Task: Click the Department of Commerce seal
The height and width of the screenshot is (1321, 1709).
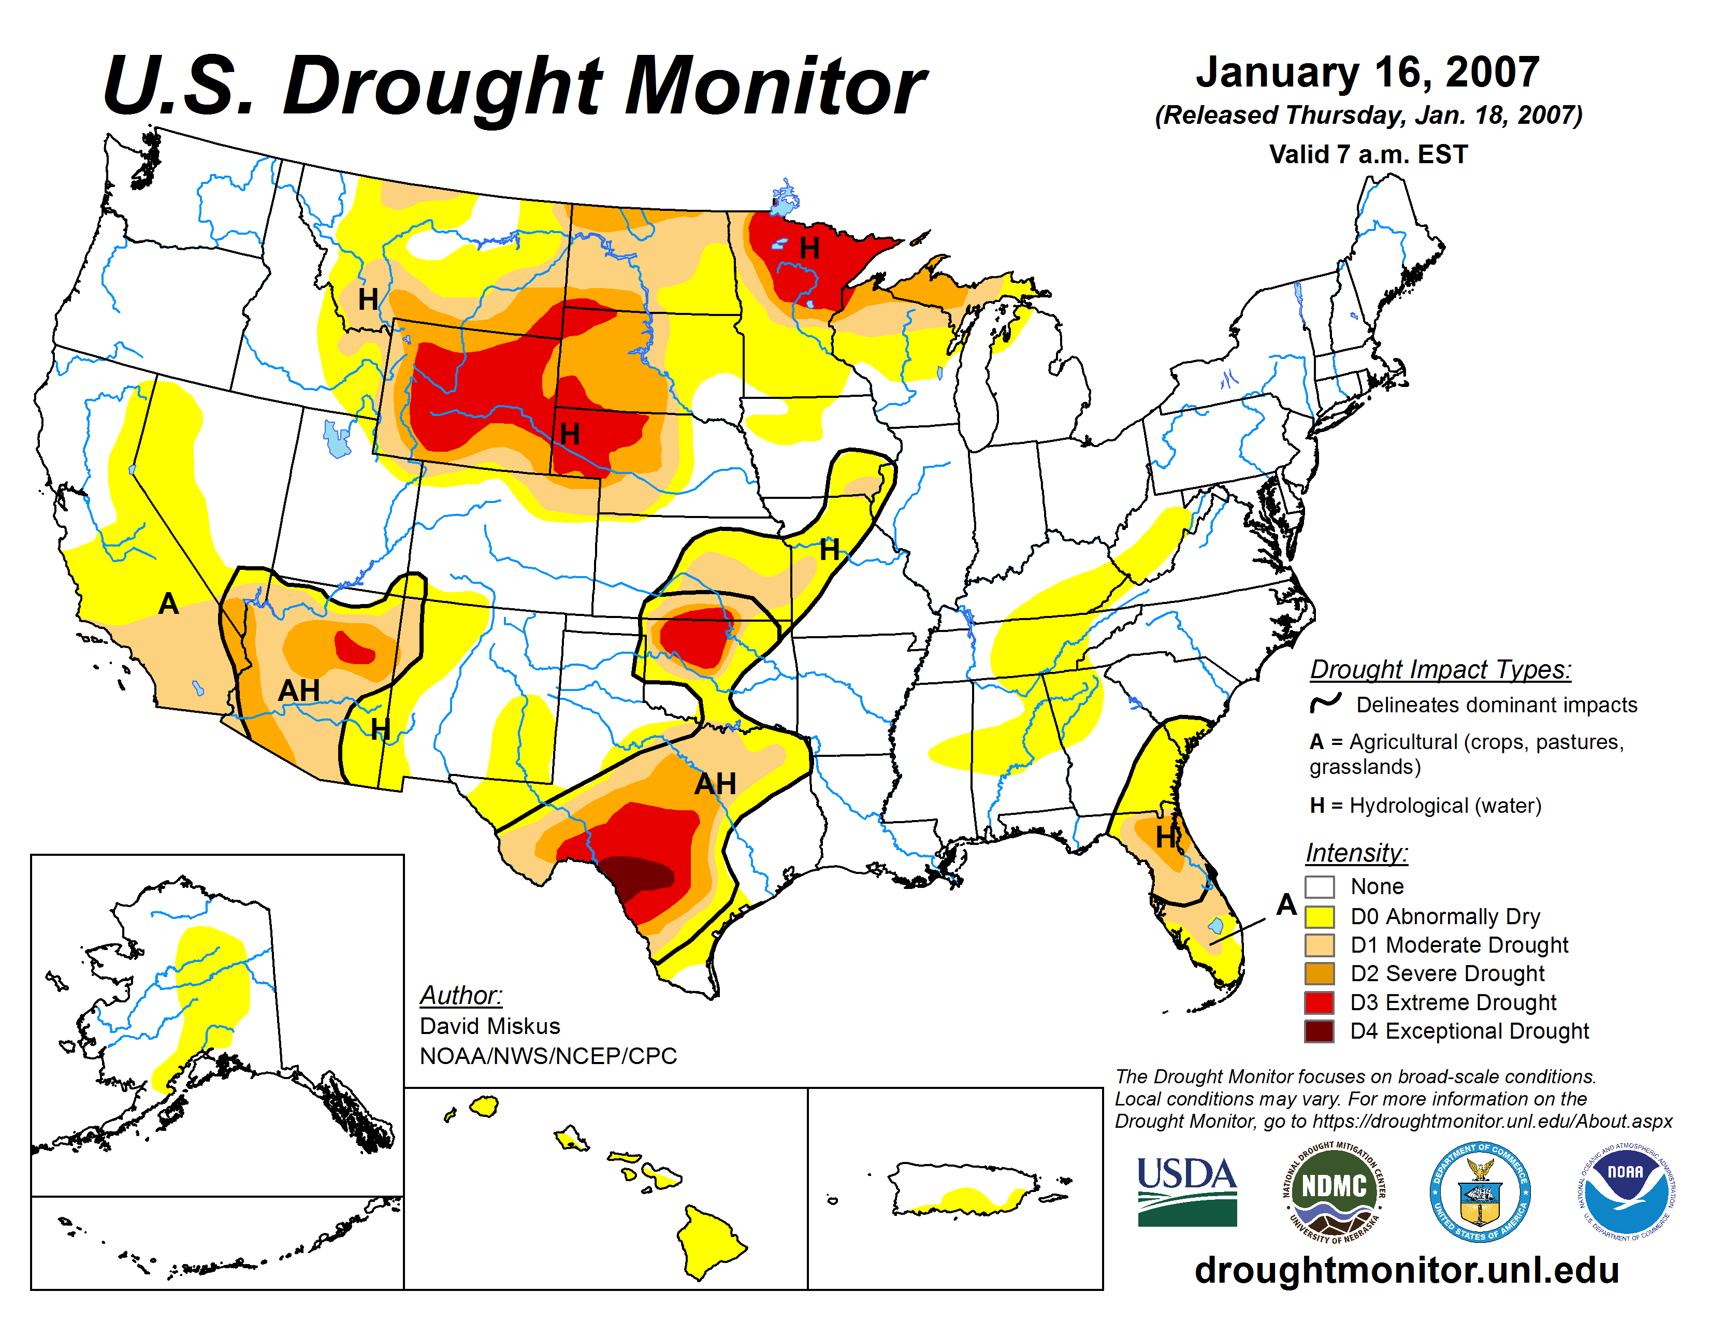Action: click(x=1480, y=1191)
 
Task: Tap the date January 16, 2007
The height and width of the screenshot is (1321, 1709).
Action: click(x=1367, y=72)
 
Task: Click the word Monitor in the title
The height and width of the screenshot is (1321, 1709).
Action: click(x=775, y=86)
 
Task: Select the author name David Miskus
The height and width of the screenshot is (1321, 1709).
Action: click(x=490, y=1026)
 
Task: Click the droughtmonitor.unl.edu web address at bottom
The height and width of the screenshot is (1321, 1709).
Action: click(x=1406, y=1271)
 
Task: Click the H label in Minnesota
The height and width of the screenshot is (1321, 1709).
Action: click(x=809, y=248)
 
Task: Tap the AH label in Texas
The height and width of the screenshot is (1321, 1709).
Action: click(x=715, y=783)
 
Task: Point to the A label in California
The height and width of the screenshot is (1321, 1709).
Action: click(x=168, y=604)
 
